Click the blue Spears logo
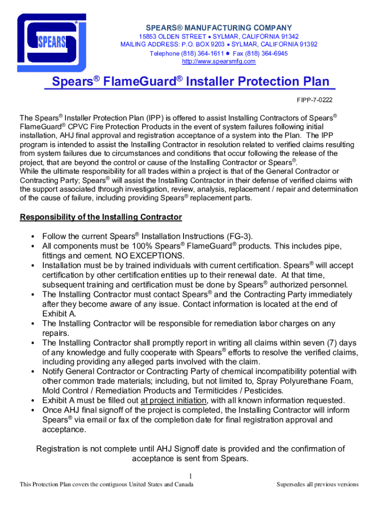[x=51, y=42]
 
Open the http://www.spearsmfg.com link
[x=218, y=61]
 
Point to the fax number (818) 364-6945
[x=267, y=53]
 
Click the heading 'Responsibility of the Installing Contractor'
[x=101, y=217]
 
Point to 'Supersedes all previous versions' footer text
[x=318, y=485]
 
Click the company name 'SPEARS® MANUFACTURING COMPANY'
[x=218, y=28]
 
